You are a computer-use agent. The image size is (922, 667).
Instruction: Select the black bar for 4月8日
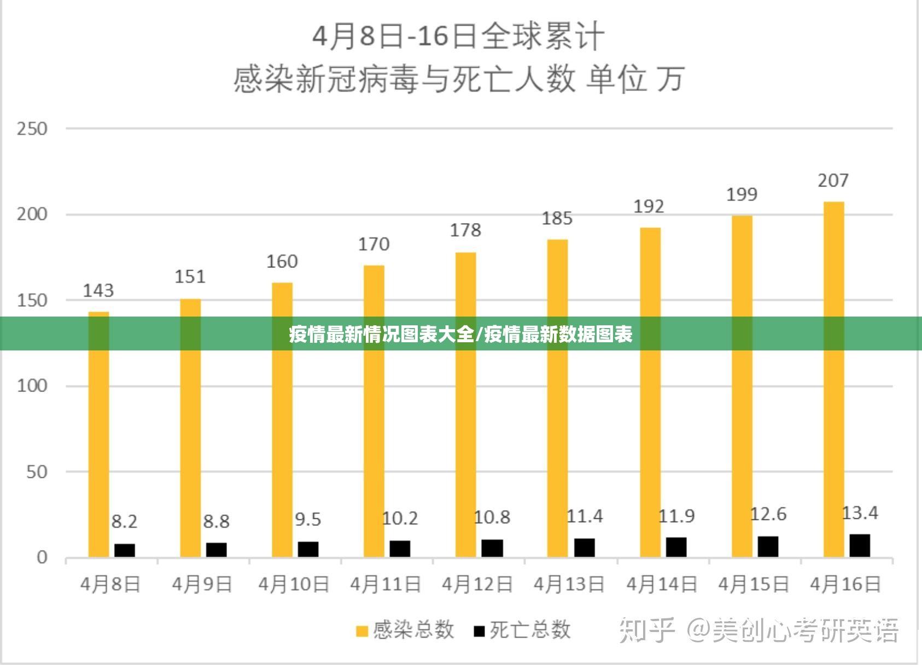[125, 550]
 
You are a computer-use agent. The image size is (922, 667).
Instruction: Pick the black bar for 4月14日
[676, 547]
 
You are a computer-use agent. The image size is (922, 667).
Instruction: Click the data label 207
[833, 180]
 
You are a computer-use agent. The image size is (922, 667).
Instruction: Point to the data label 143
[98, 290]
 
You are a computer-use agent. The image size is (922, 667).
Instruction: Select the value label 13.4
[860, 513]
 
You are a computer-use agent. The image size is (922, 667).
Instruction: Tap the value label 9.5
[308, 519]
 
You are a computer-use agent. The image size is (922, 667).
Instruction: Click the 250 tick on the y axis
[32, 129]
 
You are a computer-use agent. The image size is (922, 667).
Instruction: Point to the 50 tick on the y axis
[37, 472]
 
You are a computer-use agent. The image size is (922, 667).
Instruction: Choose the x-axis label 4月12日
[477, 584]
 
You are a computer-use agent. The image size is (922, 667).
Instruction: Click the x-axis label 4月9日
[202, 584]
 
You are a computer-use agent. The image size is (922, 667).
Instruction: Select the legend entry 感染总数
[413, 630]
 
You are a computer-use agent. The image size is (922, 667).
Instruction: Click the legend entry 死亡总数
[530, 630]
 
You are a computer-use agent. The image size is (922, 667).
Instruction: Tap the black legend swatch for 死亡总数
[480, 631]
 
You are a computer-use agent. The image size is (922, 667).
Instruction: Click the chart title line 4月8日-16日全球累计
[458, 37]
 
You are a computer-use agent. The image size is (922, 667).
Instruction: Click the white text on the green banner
[460, 334]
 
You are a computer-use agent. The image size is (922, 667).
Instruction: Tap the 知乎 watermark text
[647, 630]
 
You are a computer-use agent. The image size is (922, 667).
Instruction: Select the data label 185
[557, 219]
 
